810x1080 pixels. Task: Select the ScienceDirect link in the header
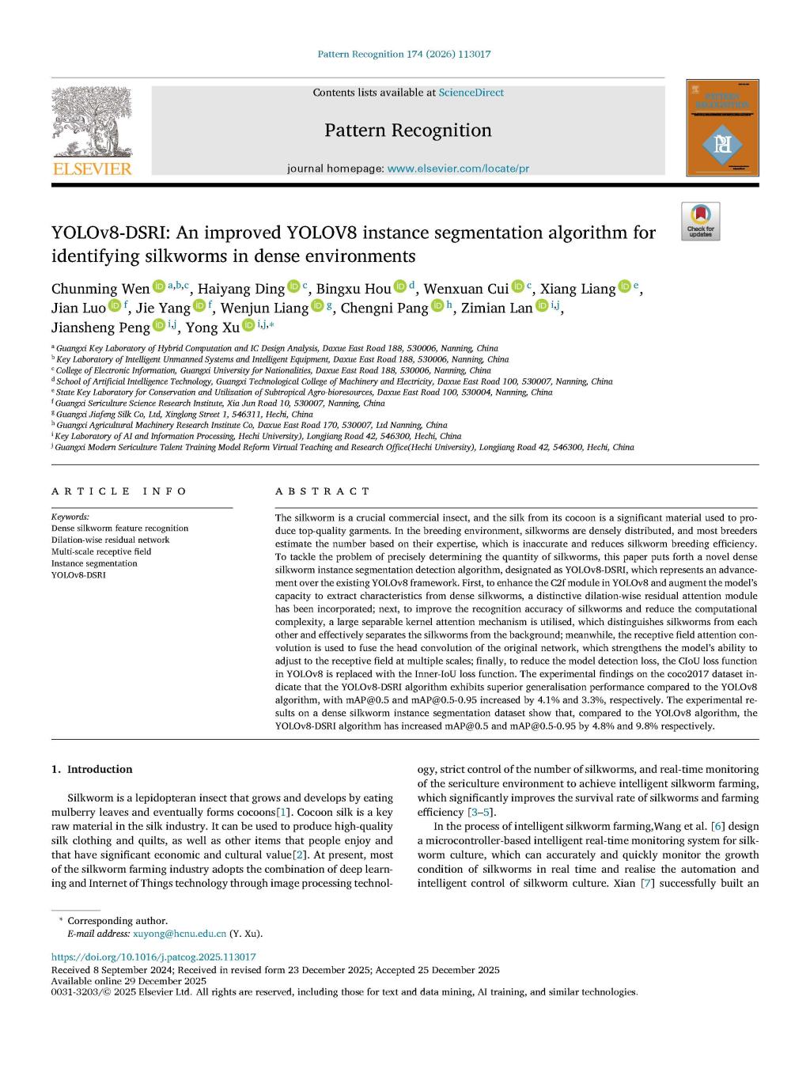(x=471, y=93)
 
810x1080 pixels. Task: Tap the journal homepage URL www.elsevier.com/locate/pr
(x=458, y=169)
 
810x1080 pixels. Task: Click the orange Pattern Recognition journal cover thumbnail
(x=722, y=127)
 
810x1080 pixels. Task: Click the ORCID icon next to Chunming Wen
(x=158, y=286)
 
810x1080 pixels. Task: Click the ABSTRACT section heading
(x=322, y=491)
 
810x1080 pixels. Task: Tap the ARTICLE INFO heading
(x=119, y=491)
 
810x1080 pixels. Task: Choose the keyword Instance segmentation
(x=94, y=563)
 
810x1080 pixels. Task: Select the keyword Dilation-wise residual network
(x=110, y=540)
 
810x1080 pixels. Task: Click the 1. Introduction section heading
(x=92, y=769)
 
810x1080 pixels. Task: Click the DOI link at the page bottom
(x=153, y=957)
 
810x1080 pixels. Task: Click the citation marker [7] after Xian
(x=646, y=883)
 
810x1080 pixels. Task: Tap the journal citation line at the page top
(x=403, y=54)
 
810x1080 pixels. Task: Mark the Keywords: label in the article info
(x=70, y=517)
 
